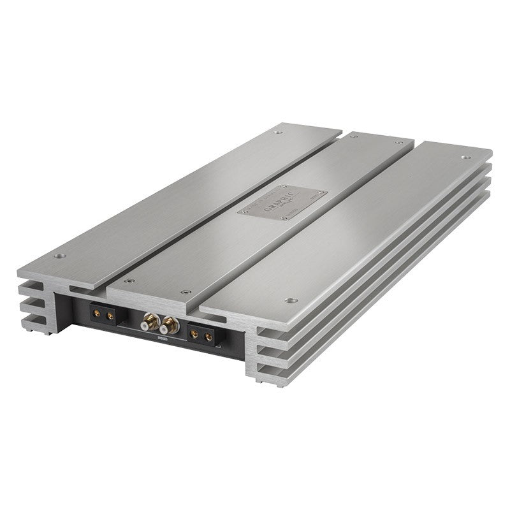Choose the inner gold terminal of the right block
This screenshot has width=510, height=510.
tap(194, 332)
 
